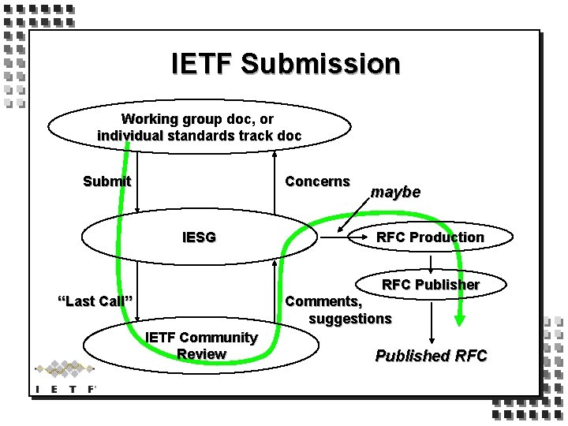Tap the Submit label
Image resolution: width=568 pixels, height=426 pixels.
click(106, 181)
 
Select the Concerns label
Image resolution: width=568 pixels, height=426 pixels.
click(317, 181)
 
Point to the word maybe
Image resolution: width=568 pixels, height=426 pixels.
click(395, 192)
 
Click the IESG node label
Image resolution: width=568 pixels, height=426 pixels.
click(199, 237)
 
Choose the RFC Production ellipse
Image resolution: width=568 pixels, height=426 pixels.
click(430, 237)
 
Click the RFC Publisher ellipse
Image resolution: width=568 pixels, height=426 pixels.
click(431, 284)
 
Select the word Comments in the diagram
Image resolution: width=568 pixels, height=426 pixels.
click(323, 301)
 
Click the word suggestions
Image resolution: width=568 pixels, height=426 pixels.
click(349, 318)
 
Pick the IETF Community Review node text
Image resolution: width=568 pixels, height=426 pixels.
click(201, 346)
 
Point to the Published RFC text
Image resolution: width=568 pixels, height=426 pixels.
click(431, 356)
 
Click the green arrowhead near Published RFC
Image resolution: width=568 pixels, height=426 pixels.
click(460, 319)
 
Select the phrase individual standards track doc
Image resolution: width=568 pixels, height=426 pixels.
click(199, 135)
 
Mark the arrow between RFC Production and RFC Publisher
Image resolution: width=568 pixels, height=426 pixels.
click(431, 263)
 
